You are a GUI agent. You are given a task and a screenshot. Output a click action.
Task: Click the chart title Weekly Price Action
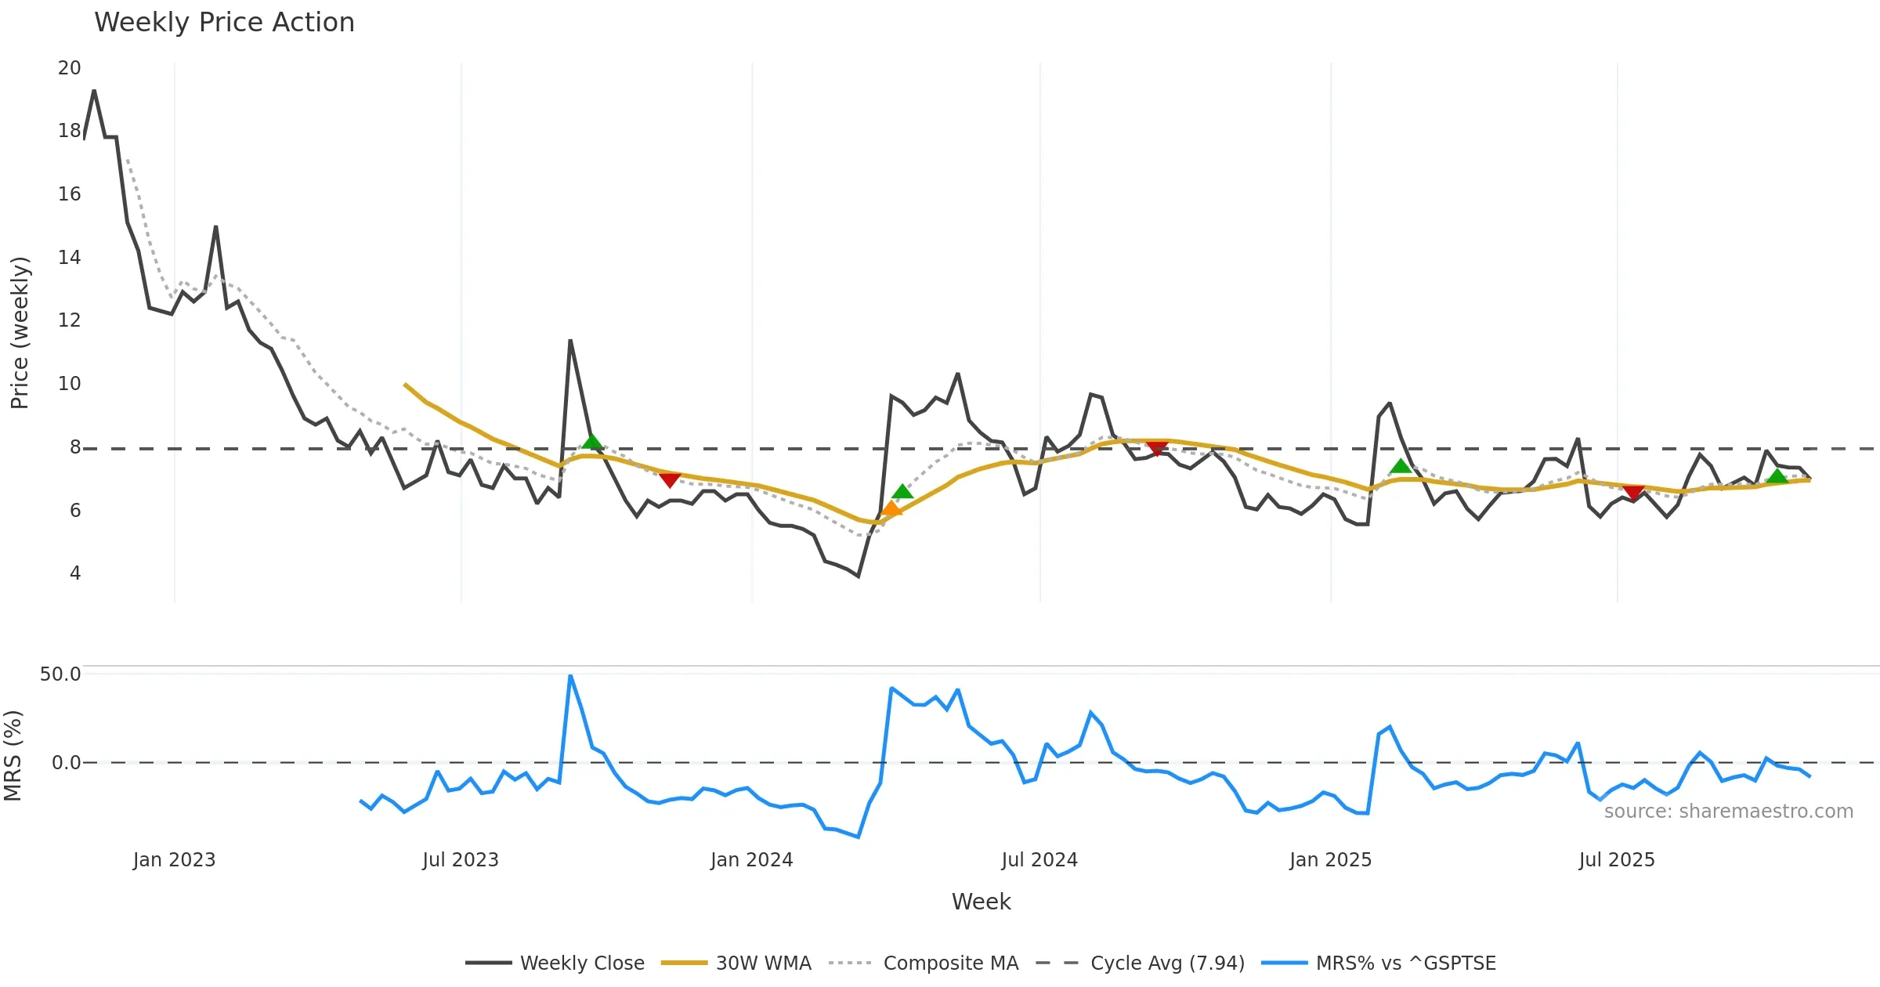(224, 23)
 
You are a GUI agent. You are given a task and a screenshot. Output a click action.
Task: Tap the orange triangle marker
(891, 509)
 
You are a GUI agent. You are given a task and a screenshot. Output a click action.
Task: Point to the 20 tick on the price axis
(69, 68)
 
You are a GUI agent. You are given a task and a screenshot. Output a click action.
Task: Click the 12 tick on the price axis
(69, 320)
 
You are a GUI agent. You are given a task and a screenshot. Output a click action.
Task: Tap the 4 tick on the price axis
(75, 573)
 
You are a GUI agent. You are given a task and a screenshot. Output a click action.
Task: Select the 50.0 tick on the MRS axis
(60, 674)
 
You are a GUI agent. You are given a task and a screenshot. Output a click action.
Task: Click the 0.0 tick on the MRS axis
(66, 763)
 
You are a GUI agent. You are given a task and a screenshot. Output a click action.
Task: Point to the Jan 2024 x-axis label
(751, 860)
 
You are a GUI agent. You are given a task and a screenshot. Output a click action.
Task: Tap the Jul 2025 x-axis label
(1617, 860)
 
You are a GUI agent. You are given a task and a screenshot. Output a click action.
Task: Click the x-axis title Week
(981, 902)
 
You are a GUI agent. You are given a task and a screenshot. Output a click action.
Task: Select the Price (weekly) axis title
(20, 333)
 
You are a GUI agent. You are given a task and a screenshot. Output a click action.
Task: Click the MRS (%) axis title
(13, 756)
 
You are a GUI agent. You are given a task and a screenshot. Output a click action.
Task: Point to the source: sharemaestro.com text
(1728, 812)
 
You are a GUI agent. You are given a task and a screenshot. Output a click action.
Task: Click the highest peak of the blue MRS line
(570, 675)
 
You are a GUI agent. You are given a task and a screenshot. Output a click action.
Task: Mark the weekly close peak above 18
(94, 91)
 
